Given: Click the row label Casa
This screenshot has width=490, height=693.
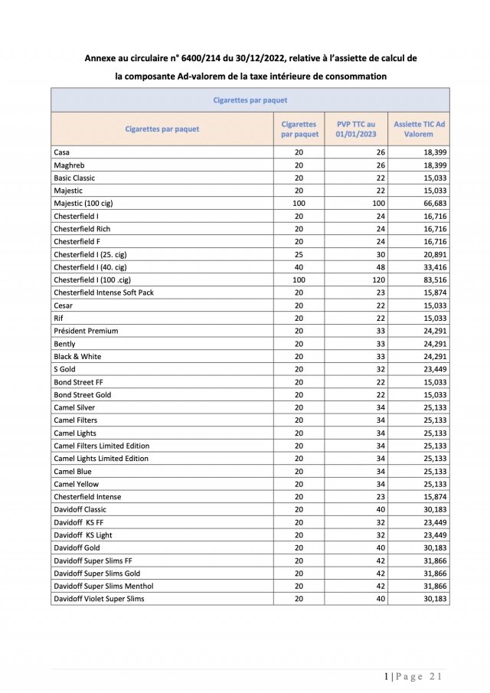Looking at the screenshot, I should coord(62,152).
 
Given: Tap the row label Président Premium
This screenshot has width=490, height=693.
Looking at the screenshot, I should coord(86,331).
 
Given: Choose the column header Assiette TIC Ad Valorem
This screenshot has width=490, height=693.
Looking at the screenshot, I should coord(418,129).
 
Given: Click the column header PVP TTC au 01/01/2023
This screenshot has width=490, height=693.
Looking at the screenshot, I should coord(356,129).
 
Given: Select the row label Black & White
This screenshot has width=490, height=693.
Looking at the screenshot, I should coord(77,356).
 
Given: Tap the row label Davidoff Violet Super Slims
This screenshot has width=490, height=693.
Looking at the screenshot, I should coord(99,599).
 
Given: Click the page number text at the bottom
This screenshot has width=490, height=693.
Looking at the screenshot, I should coord(413,676).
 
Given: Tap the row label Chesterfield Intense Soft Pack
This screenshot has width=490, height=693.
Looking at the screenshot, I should coord(103,293).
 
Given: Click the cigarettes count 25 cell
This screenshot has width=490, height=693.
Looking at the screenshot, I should coord(299,254).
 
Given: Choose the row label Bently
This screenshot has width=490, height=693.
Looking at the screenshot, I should coord(64,344).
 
